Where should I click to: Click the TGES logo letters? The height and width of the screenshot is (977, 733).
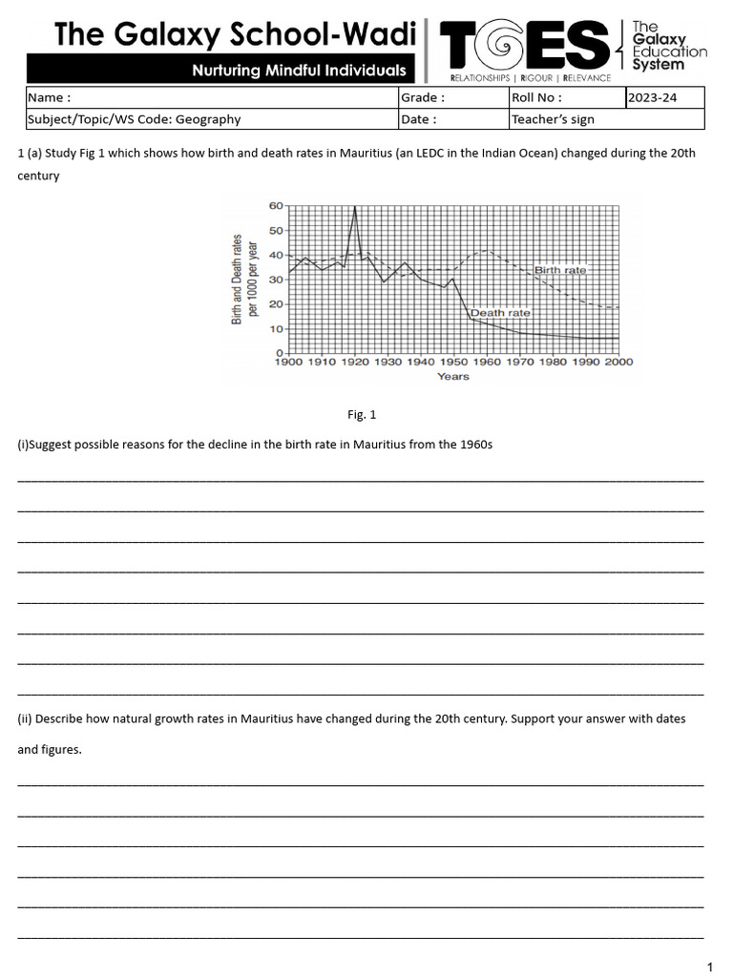tap(524, 47)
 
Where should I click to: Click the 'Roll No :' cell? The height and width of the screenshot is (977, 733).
tap(567, 97)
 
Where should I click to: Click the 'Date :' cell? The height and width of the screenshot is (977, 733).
tap(452, 119)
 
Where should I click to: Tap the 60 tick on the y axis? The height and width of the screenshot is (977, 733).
tap(276, 205)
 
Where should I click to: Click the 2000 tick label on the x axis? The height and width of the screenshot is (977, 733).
tap(618, 363)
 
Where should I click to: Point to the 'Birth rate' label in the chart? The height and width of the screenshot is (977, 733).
tap(560, 271)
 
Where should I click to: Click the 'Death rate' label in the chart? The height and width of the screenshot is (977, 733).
tap(500, 313)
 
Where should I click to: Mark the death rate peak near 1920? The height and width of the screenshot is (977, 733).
tap(355, 207)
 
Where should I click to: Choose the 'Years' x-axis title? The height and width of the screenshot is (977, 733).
tap(453, 377)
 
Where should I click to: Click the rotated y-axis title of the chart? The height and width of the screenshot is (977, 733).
tap(245, 279)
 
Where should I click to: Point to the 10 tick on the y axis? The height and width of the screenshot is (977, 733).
tap(276, 329)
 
